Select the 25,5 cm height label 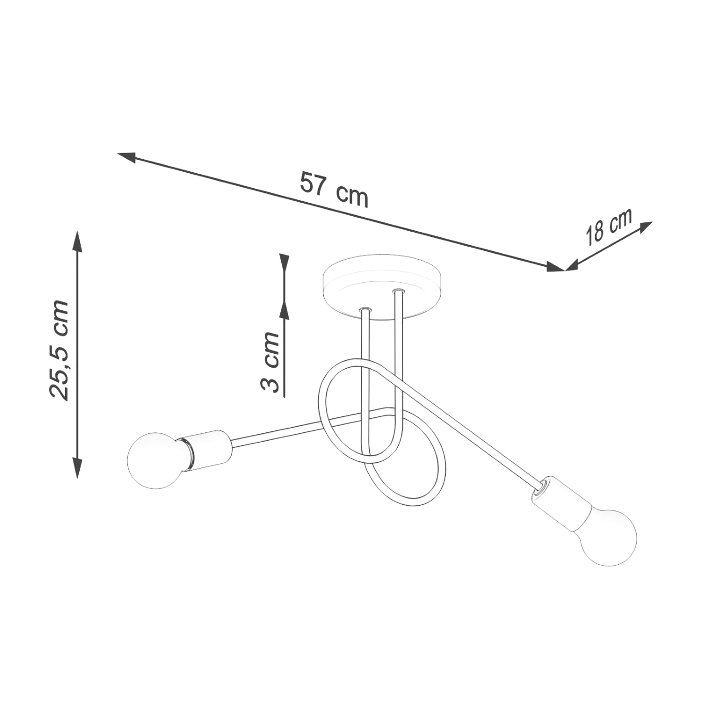(59, 350)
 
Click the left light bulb (154, 460)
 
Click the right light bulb (609, 538)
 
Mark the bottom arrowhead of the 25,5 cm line (78, 468)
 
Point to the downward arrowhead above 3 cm (284, 262)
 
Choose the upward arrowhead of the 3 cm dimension (284, 309)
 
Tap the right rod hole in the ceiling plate (398, 292)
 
